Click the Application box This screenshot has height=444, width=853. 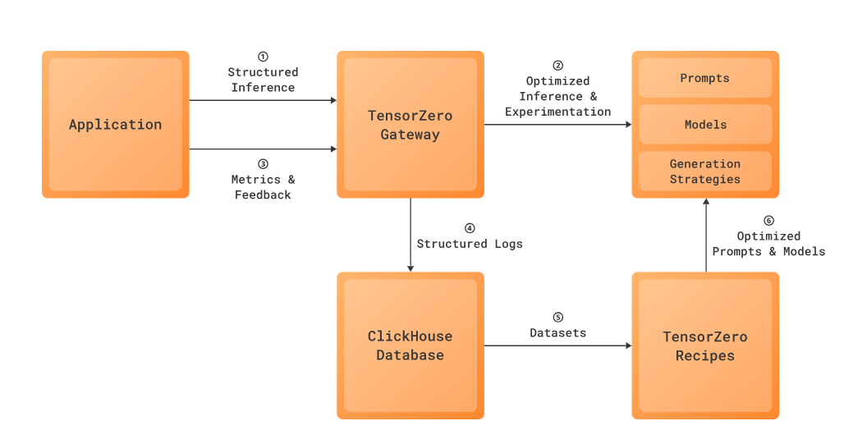point(115,125)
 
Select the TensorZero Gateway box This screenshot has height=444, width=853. point(410,125)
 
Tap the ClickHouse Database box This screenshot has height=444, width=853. point(410,346)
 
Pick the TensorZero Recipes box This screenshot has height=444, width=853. point(704,346)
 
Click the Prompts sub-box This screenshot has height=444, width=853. point(704,79)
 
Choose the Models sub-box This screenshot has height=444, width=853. point(704,125)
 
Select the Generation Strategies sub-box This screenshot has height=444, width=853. point(704,172)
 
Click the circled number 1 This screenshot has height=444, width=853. point(263,57)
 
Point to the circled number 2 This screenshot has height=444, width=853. point(557,65)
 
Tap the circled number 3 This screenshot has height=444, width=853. point(263,163)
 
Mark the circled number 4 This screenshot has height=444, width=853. point(470,227)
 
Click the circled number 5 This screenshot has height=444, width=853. point(557,317)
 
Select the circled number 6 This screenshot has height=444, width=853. point(768,220)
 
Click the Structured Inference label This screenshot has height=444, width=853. point(263,80)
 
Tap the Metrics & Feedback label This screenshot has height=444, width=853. point(263,187)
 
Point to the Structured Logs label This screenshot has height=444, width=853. point(470,244)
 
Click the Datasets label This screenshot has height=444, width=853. point(557,333)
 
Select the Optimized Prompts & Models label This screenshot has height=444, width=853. point(768,244)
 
